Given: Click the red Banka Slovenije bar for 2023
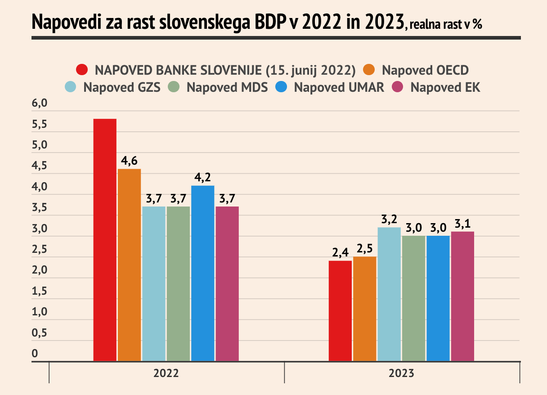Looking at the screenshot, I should [340, 310].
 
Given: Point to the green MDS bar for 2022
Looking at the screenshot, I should [178, 283].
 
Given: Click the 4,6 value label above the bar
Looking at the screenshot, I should [129, 161].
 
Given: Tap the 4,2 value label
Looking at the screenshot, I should [202, 177].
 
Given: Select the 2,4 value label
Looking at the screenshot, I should [341, 252].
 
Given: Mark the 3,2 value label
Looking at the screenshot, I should [389, 219].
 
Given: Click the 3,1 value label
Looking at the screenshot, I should [462, 223].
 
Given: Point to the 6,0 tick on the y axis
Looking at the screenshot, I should [40, 104].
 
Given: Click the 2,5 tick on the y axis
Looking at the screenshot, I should [40, 250].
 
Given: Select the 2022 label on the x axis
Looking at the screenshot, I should [166, 373].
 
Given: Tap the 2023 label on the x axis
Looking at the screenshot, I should [402, 373].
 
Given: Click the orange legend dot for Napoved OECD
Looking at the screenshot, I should [369, 70].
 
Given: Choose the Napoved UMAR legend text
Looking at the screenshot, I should [339, 87].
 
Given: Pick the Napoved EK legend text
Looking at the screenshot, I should [445, 87].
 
